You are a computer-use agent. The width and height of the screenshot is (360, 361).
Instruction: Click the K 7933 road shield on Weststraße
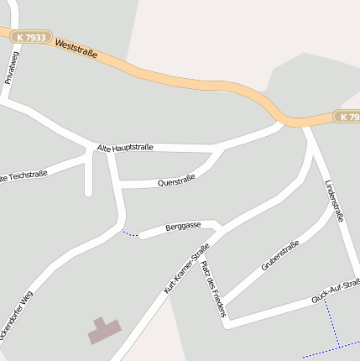(x=30, y=37)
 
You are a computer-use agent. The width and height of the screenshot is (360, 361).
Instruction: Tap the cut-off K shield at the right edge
(x=347, y=116)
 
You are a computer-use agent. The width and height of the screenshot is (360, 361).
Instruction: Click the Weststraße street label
(x=76, y=48)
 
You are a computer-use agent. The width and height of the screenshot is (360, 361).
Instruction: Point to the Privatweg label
(x=10, y=66)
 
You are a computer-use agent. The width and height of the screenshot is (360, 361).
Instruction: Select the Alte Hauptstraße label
(x=125, y=149)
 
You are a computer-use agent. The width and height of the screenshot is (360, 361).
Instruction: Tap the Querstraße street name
(x=176, y=180)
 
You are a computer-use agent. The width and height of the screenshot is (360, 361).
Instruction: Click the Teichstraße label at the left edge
(x=23, y=175)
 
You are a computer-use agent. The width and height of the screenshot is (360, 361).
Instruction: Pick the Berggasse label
(x=183, y=227)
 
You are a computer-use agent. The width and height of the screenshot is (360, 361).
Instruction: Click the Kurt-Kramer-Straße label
(x=186, y=268)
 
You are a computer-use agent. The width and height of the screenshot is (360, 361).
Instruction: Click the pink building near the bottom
(x=104, y=330)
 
